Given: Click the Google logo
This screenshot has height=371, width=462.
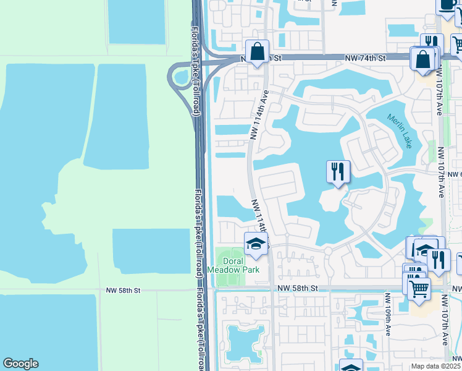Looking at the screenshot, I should [x=20, y=364].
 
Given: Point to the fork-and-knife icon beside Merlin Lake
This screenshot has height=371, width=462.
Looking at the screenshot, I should [x=338, y=171].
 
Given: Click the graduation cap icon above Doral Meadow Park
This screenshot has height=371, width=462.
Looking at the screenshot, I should [x=256, y=244].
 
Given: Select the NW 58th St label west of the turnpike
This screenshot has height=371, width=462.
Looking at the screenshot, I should [x=124, y=289].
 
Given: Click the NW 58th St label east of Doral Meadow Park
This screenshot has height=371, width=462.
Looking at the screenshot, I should [x=297, y=289].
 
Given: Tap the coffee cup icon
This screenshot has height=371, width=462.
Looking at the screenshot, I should [x=447, y=5].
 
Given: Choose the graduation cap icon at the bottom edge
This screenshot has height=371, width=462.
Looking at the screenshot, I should [x=351, y=367].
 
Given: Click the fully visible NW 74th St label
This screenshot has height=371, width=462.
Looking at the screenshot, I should [x=365, y=58].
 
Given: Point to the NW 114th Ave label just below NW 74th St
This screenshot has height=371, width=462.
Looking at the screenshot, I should [x=261, y=113].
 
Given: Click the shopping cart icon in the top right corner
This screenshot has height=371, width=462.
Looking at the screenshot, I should [x=458, y=43].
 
